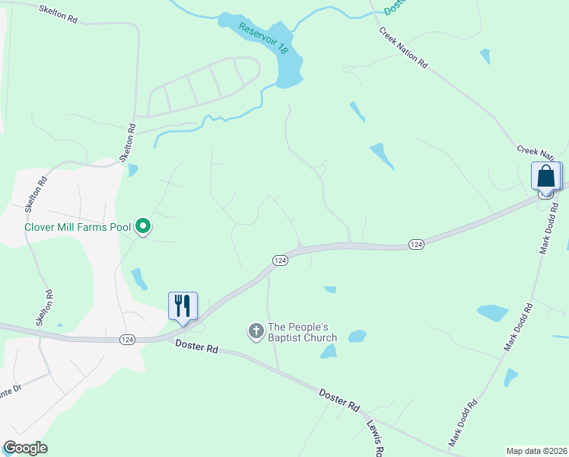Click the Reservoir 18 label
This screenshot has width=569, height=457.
point(263,38)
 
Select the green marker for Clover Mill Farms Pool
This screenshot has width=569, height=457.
point(142,225)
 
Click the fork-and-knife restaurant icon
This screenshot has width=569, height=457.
point(183,306)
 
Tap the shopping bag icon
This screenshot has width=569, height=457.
point(546,176)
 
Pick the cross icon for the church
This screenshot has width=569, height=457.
point(256,331)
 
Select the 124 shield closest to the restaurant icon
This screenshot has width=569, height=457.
point(128,340)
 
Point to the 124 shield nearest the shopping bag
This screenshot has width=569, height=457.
point(545,194)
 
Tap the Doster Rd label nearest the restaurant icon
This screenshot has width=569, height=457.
point(196,347)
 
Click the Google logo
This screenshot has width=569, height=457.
point(25,448)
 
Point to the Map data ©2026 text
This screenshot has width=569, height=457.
point(536,451)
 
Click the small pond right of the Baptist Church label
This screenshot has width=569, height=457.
point(357,336)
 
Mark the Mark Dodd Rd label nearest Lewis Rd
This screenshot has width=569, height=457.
point(463,423)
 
